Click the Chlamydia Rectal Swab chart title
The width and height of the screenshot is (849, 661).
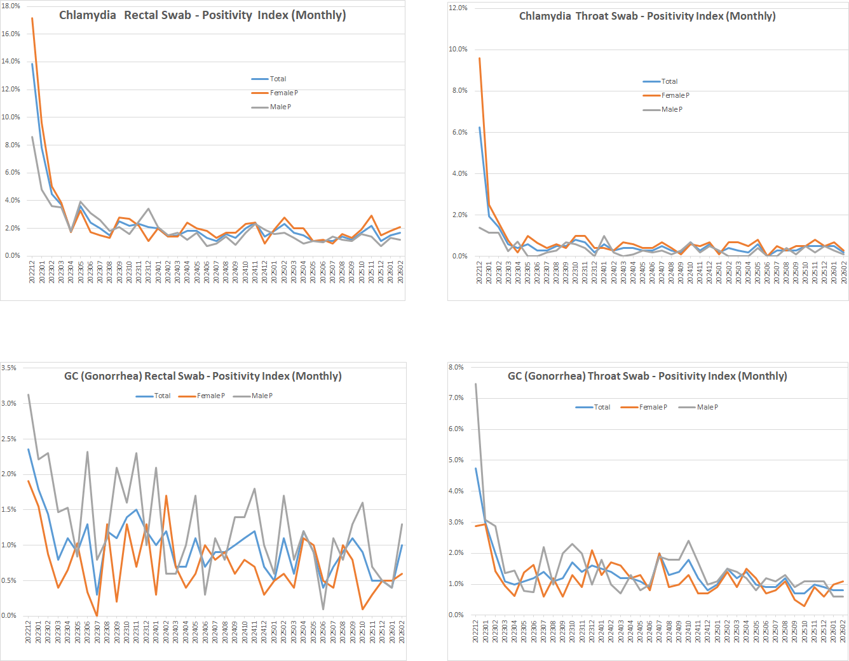click(202, 15)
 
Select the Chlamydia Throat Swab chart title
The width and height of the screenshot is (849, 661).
click(647, 17)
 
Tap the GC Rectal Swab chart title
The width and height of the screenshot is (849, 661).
click(203, 376)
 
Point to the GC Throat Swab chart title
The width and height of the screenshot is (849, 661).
click(647, 376)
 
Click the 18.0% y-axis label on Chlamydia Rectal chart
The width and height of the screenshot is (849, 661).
click(11, 6)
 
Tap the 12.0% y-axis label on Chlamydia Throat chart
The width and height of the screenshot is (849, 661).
click(458, 8)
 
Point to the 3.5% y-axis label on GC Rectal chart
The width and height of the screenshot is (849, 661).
click(9, 368)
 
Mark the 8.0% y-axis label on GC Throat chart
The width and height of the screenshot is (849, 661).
click(456, 367)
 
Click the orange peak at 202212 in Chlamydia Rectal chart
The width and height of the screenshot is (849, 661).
click(32, 18)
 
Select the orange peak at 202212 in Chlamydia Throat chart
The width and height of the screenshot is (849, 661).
click(479, 58)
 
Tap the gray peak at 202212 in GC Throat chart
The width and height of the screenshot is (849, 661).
click(475, 384)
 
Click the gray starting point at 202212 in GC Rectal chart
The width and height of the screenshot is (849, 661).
click(28, 394)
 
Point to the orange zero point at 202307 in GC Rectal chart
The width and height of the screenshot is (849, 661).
click(97, 615)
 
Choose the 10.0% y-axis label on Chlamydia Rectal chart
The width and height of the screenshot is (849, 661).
click(11, 117)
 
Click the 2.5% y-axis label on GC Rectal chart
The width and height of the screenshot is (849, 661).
click(9, 439)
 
